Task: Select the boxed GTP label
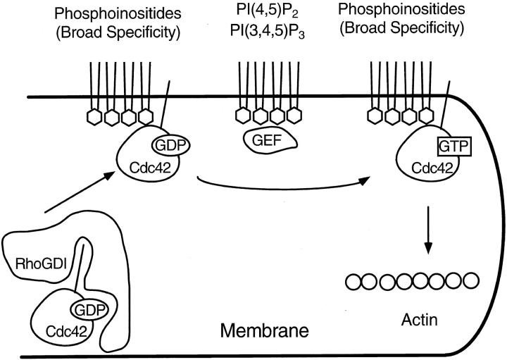[x=454, y=147]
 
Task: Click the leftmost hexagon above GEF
[x=243, y=115]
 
